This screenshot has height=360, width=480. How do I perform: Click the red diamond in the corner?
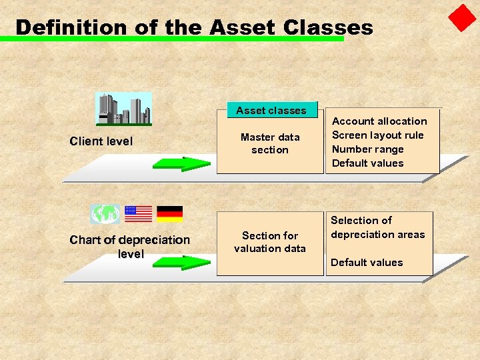click(x=462, y=18)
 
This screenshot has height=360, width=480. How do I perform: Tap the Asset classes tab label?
click(x=271, y=111)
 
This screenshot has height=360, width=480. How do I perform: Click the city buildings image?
click(x=123, y=109)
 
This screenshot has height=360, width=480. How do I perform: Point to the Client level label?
click(x=101, y=141)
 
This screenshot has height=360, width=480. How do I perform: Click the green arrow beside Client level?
click(x=181, y=164)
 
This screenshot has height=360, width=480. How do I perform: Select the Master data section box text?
click(x=270, y=143)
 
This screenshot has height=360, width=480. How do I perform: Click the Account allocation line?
click(x=379, y=121)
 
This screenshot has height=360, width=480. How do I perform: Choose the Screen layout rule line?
click(x=377, y=135)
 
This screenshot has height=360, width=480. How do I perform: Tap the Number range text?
click(x=367, y=149)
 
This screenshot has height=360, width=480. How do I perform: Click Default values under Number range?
click(x=367, y=163)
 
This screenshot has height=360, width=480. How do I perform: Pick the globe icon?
click(x=105, y=214)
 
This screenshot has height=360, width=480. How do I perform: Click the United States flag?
click(x=139, y=214)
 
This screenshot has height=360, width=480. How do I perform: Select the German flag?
click(x=170, y=214)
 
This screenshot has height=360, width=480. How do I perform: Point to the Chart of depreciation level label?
click(x=130, y=247)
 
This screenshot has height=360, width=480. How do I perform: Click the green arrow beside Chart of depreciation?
click(x=181, y=262)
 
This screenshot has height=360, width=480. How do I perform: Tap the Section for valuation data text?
click(x=270, y=242)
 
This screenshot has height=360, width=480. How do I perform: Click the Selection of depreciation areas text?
click(x=377, y=227)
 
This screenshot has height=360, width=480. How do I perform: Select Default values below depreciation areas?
click(x=367, y=263)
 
